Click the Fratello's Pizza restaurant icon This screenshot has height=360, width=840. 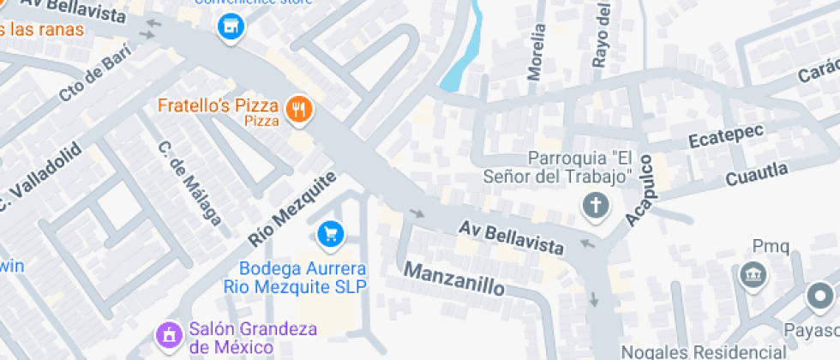point(298,109)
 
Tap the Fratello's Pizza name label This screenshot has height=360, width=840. point(218,107)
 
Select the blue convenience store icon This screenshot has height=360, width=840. point(230,27)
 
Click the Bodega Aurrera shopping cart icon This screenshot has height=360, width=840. point(330,233)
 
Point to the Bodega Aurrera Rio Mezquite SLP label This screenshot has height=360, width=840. point(296,278)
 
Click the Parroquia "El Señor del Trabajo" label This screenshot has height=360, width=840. point(579,167)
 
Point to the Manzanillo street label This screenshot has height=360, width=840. point(454,278)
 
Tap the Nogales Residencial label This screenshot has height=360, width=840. point(703,352)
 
